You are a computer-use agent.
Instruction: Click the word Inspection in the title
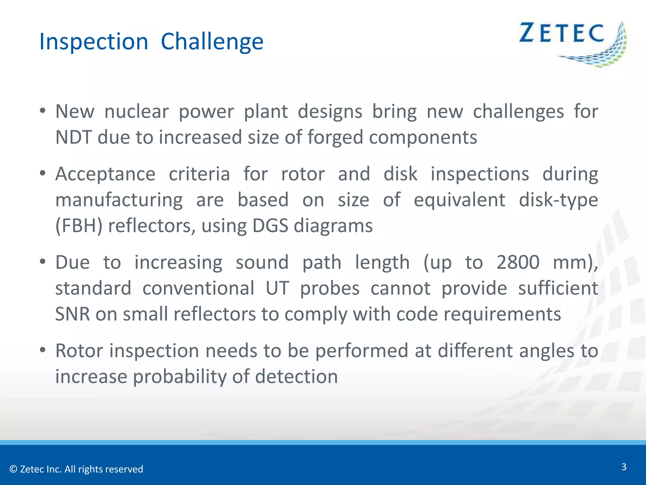(x=94, y=42)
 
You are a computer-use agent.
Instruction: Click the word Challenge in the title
(x=212, y=42)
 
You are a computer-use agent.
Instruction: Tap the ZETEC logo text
(x=561, y=33)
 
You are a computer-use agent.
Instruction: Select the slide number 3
(x=624, y=467)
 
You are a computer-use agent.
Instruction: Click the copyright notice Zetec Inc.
(x=76, y=469)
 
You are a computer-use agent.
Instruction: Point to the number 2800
(x=518, y=262)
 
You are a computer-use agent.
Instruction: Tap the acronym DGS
(x=270, y=226)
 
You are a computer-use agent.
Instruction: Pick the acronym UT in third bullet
(x=277, y=288)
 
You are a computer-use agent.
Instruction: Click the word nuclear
(x=137, y=111)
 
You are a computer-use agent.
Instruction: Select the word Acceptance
(x=105, y=174)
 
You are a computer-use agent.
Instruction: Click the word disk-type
(x=558, y=200)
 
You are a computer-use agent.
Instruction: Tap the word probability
(x=179, y=377)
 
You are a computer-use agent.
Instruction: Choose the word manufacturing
(x=119, y=200)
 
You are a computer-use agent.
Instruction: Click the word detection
(x=296, y=377)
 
